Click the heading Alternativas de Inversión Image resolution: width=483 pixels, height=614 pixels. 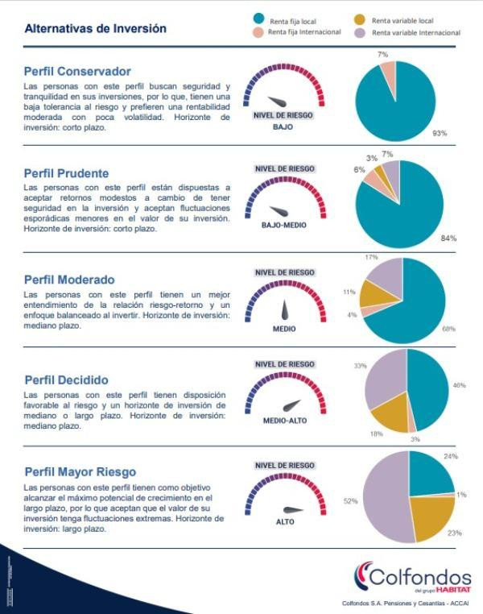point(96,28)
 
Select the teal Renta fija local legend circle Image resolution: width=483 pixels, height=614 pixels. point(258,19)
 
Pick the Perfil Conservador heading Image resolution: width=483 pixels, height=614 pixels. point(77,72)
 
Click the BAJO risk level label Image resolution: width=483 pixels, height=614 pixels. point(283,127)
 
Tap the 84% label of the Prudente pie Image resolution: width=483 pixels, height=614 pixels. point(448,238)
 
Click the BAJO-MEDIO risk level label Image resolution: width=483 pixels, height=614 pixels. point(283,226)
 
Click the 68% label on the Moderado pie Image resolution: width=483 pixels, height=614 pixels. point(448,330)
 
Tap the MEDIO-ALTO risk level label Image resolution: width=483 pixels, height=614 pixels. point(284,421)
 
